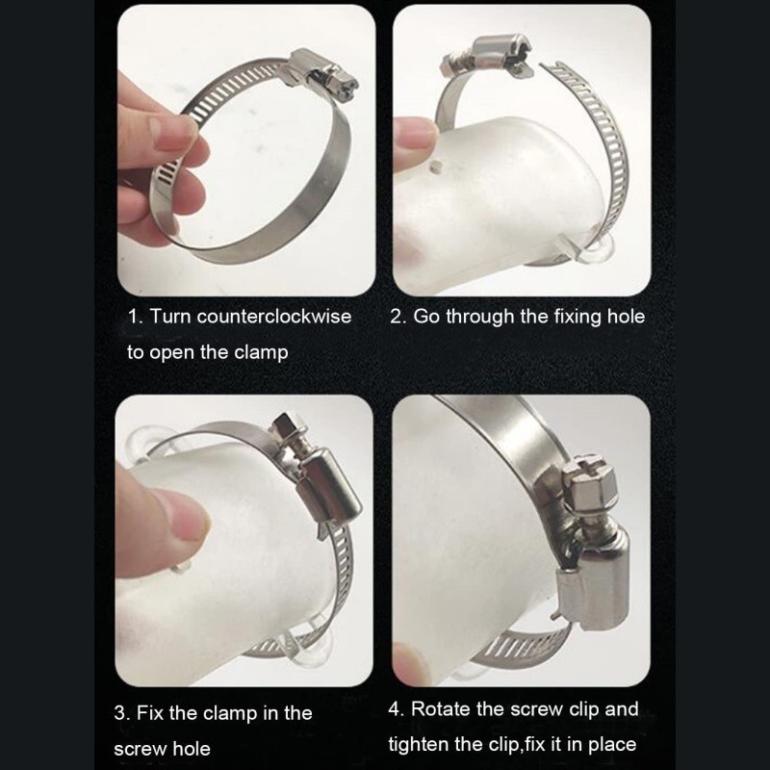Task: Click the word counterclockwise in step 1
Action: (274, 317)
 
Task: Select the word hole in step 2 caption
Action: (626, 317)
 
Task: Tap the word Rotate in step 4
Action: (441, 708)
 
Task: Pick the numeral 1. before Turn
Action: (135, 317)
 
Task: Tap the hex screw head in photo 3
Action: (288, 426)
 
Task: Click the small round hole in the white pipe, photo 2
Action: (434, 167)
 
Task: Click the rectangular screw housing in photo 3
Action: (329, 492)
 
